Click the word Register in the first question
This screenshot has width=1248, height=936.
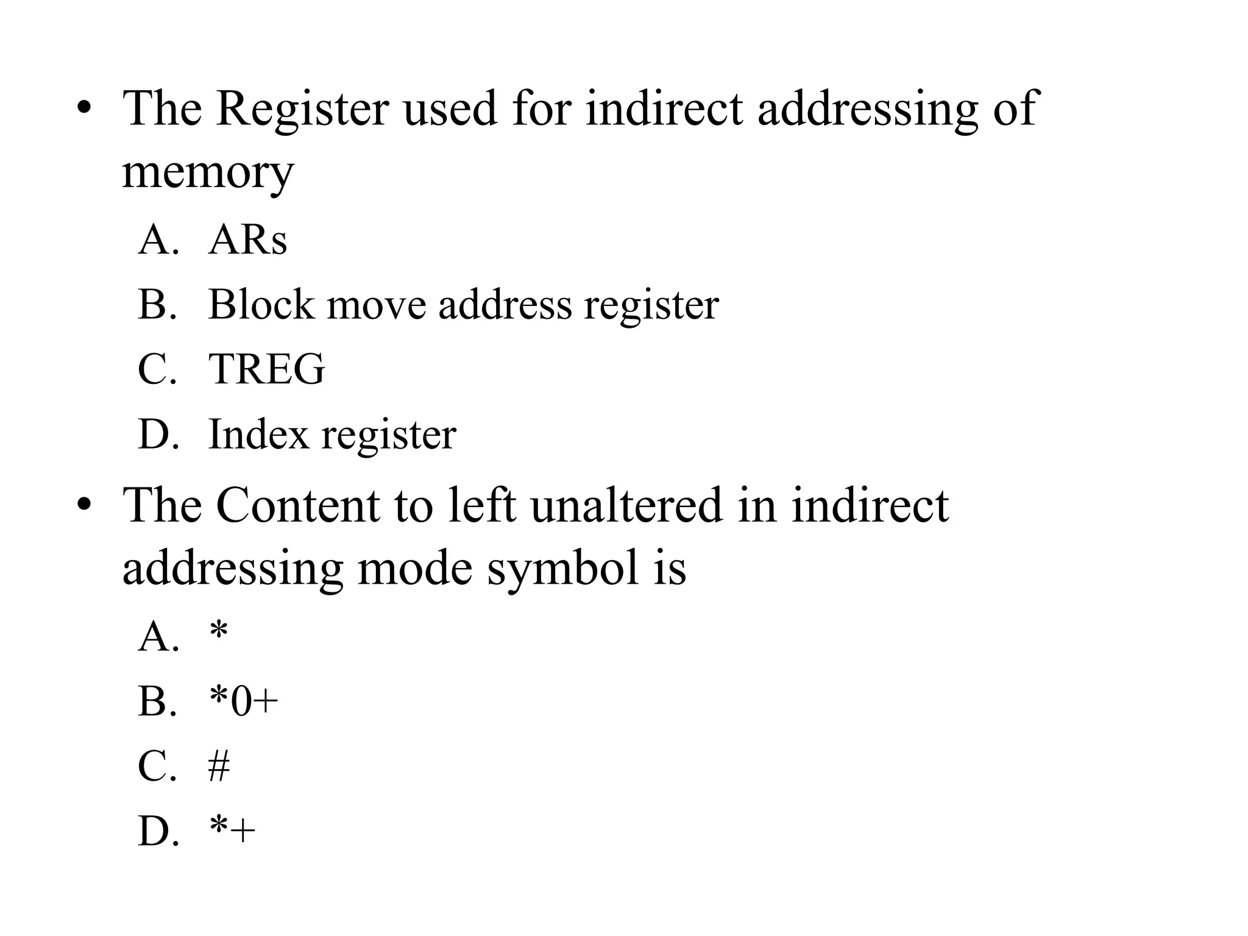click(302, 108)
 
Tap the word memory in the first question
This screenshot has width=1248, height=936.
click(208, 172)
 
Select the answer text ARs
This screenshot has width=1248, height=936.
click(247, 240)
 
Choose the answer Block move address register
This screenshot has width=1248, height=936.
click(463, 305)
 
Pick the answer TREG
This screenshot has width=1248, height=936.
click(266, 369)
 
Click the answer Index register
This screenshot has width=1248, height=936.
click(332, 434)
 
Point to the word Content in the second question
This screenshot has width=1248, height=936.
click(297, 506)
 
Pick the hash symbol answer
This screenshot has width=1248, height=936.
click(219, 767)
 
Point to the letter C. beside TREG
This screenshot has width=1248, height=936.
click(157, 369)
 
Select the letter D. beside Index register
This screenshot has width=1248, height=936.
click(158, 434)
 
